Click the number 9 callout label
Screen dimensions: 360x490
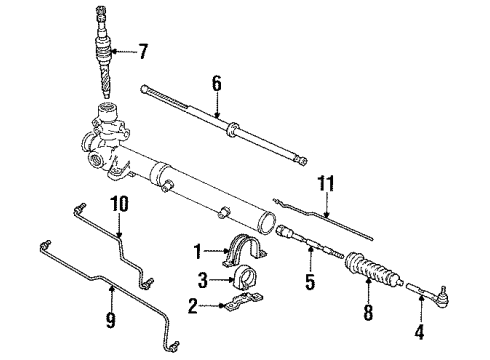pos(112,321)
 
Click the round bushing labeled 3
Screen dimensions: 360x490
pos(245,278)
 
